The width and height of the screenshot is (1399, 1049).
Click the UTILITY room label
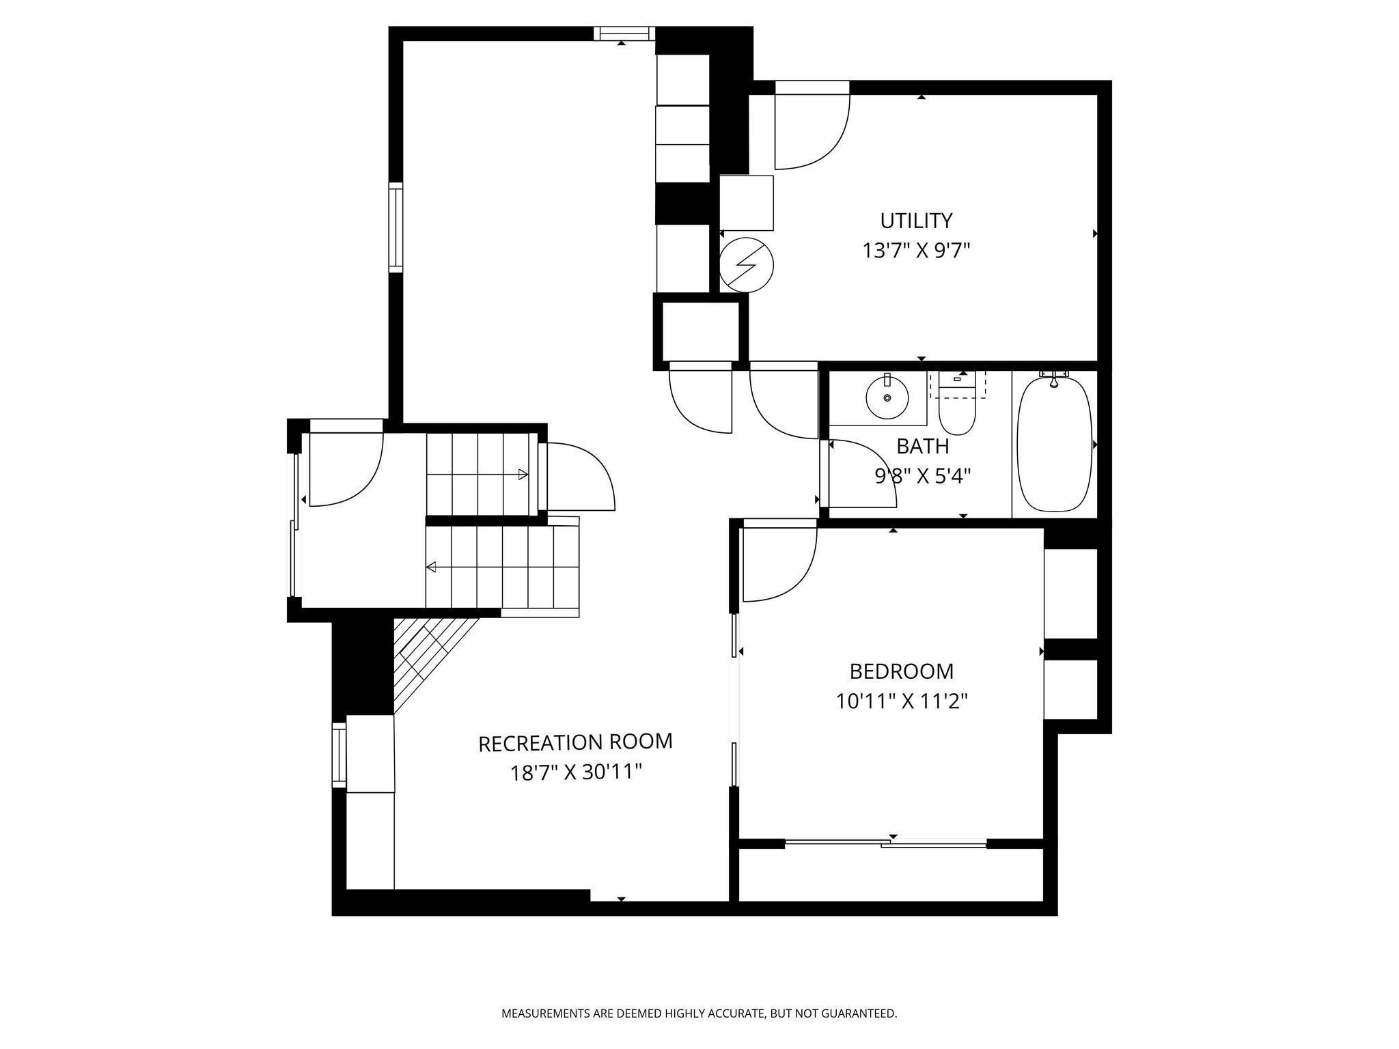tap(915, 221)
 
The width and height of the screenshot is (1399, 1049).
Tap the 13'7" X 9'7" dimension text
tap(915, 251)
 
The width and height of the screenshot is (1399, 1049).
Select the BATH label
tap(922, 446)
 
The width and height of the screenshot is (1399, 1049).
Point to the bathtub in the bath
tap(1054, 444)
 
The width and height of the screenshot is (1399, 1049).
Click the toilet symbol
tap(956, 410)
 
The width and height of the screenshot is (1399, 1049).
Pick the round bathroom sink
tap(887, 397)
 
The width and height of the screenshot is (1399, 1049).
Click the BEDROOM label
tap(901, 671)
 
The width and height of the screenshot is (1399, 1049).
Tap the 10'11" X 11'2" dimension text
tap(902, 701)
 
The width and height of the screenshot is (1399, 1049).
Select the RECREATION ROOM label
tap(575, 742)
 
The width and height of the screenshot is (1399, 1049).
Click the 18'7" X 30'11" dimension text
tap(576, 772)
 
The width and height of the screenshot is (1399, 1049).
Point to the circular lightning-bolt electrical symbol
tap(746, 265)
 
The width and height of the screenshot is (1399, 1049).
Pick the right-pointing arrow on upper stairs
tap(523, 474)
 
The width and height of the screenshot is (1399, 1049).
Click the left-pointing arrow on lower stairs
tap(432, 567)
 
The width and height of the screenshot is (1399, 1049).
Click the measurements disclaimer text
tap(699, 1013)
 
